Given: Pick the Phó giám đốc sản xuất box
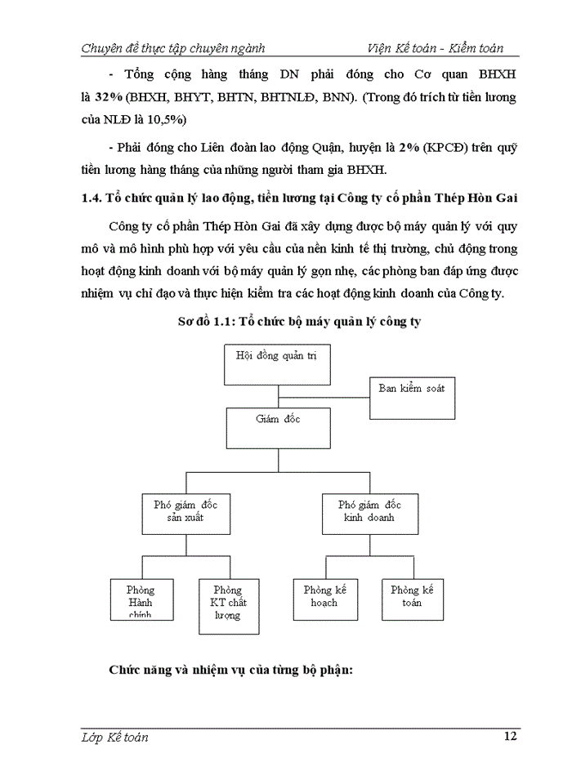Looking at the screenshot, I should tap(185, 510).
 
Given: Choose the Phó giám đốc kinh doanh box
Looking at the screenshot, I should tap(369, 510).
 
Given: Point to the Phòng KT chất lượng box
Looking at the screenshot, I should tap(228, 606).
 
